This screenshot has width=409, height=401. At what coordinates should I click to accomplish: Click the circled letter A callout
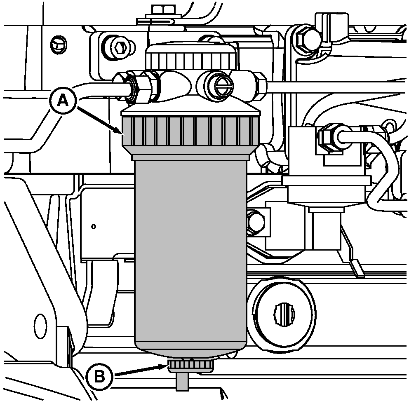tap(63, 100)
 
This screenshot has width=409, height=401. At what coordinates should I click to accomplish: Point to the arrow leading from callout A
tap(100, 122)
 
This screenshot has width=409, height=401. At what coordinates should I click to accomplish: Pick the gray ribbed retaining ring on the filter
tap(190, 131)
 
